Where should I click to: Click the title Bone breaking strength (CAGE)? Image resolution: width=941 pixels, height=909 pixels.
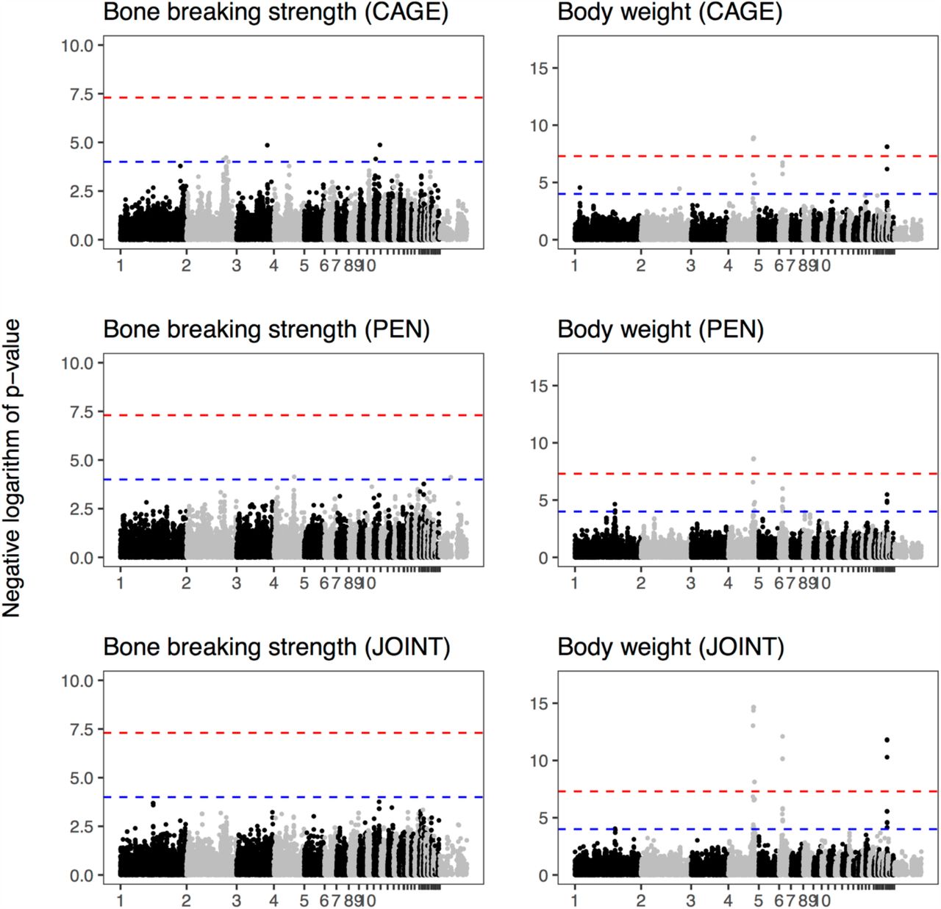click(275, 12)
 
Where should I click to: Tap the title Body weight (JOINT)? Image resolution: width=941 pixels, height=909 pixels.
click(670, 647)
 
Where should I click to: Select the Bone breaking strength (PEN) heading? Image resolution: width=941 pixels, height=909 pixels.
click(266, 330)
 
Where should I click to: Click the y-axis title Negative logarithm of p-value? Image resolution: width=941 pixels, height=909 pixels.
click(12, 468)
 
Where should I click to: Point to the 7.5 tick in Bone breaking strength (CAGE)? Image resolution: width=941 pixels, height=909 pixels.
click(82, 95)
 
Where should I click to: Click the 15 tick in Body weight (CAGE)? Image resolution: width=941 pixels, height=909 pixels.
click(540, 68)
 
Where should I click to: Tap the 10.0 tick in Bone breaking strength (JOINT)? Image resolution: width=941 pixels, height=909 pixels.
click(78, 681)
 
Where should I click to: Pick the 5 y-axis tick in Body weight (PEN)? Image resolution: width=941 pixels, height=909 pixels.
click(543, 500)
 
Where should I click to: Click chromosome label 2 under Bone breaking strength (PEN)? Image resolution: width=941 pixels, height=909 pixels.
click(186, 583)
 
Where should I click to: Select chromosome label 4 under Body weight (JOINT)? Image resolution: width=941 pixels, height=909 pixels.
click(728, 901)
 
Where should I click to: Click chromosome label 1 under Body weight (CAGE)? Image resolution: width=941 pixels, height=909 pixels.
click(574, 265)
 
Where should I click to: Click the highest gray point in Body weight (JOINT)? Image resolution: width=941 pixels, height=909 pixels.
click(753, 708)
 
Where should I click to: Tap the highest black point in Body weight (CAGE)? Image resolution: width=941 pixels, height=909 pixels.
click(887, 147)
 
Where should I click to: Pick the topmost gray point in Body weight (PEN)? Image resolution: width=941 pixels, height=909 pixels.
click(754, 459)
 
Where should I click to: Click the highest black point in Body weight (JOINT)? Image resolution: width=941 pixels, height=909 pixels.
click(887, 740)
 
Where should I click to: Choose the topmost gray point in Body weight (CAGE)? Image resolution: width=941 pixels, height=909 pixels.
click(754, 138)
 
